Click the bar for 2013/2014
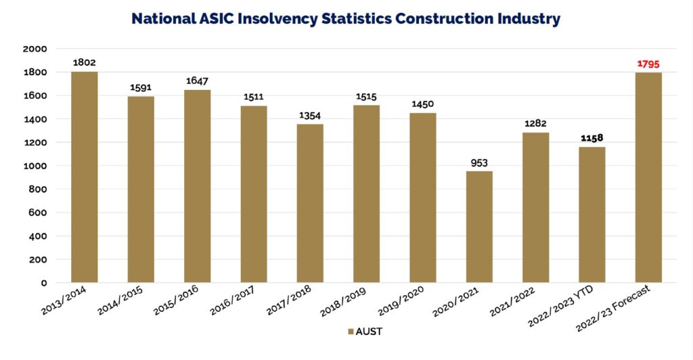click(84, 177)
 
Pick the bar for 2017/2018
click(309, 203)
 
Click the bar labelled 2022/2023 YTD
click(591, 215)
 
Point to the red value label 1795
click(648, 64)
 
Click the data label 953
click(478, 163)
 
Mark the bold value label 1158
click(591, 139)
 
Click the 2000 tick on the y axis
click(35, 49)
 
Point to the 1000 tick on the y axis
click(35, 166)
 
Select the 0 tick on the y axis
click(43, 283)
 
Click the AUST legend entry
click(365, 332)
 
